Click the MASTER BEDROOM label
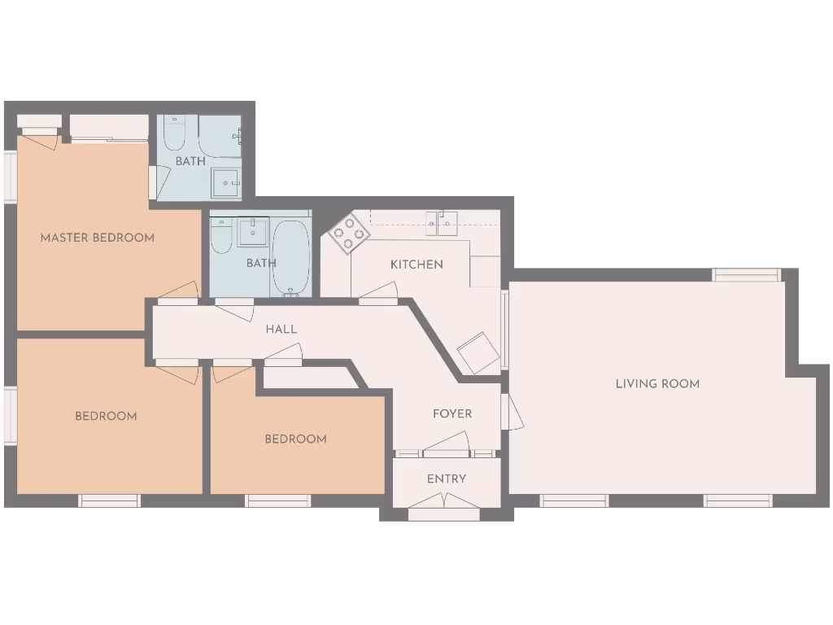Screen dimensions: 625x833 click(98, 238)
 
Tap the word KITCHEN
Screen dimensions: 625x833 click(416, 264)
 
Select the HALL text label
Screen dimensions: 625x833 click(281, 330)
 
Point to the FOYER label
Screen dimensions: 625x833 click(452, 414)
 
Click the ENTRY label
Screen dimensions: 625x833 click(447, 479)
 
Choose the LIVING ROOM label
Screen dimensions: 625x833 click(657, 383)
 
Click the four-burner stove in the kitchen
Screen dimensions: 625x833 click(349, 234)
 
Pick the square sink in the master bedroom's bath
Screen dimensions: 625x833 click(225, 184)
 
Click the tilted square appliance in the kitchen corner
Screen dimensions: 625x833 click(478, 352)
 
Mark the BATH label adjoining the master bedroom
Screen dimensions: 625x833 click(190, 161)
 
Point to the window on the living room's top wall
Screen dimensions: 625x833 click(746, 275)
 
